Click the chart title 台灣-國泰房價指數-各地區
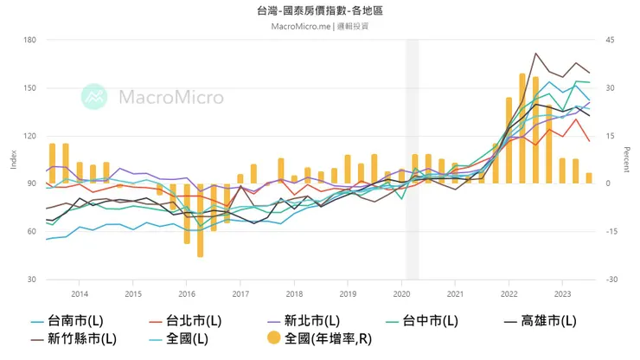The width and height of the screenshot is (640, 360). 320,10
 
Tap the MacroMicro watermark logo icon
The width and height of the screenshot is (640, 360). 94,97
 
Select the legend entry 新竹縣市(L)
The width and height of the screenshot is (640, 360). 82,338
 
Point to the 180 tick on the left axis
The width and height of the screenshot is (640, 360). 29,40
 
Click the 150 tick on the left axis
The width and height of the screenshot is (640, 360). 29,88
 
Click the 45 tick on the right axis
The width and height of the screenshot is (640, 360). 609,40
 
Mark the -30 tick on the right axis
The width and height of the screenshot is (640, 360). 610,280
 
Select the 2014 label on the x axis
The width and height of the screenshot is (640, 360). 80,294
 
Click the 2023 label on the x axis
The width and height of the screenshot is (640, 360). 562,294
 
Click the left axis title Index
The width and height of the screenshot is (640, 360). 12,160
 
